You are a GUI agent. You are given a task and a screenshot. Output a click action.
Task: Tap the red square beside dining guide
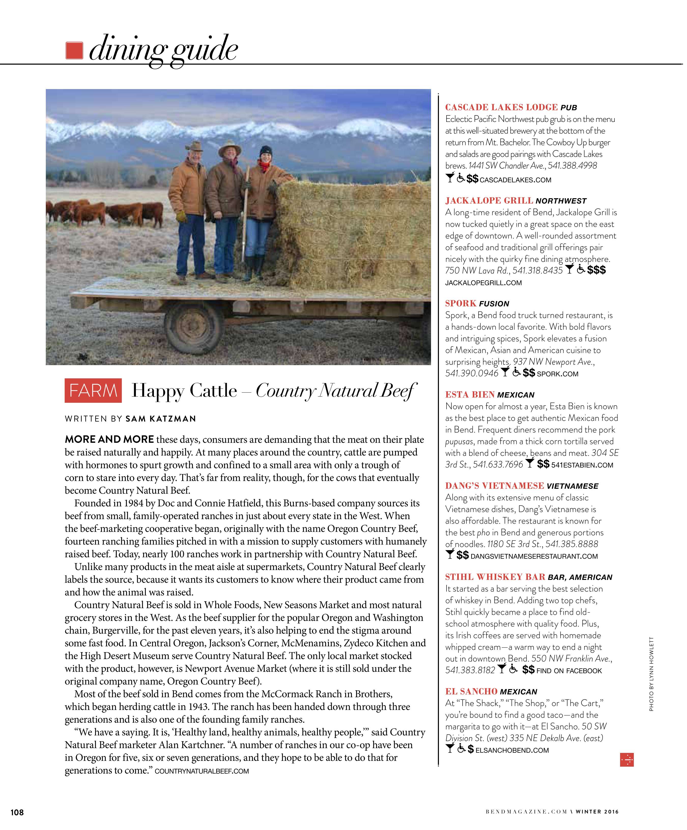(74, 51)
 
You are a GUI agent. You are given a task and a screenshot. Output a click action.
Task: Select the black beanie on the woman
(266, 151)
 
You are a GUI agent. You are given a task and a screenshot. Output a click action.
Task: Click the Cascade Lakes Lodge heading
(501, 108)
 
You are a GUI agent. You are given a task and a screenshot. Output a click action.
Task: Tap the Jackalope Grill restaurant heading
(489, 201)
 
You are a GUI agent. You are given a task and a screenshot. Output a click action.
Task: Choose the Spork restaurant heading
(461, 304)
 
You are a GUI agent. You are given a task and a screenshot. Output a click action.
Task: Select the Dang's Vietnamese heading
(494, 486)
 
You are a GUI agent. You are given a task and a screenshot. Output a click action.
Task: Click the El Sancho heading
(471, 692)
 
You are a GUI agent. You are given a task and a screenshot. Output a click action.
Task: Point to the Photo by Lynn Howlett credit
(651, 674)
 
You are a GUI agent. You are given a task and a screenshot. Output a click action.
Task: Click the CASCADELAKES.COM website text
(516, 180)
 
